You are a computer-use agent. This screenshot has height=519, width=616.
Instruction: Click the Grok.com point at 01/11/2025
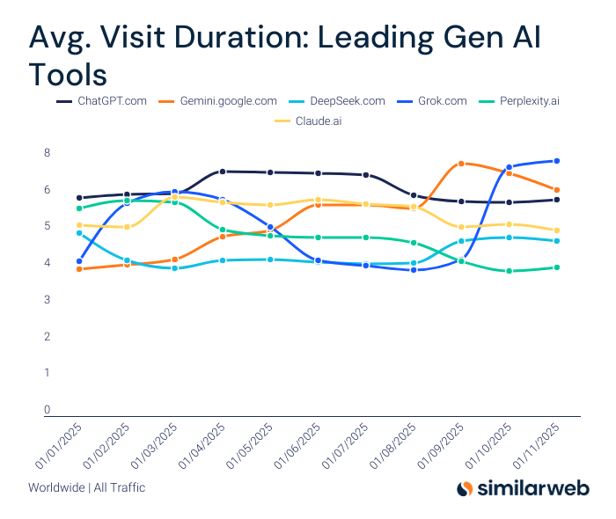pyautogui.click(x=557, y=161)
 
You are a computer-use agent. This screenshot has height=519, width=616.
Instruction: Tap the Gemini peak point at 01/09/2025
pyautogui.click(x=461, y=164)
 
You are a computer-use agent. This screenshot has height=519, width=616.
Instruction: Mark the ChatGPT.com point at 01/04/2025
pyautogui.click(x=223, y=172)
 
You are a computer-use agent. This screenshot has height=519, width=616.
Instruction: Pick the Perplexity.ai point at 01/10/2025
pyautogui.click(x=509, y=271)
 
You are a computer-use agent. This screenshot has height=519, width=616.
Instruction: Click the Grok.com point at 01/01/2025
pyautogui.click(x=79, y=261)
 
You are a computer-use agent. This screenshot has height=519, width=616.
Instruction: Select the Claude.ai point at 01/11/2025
pyautogui.click(x=557, y=230)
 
